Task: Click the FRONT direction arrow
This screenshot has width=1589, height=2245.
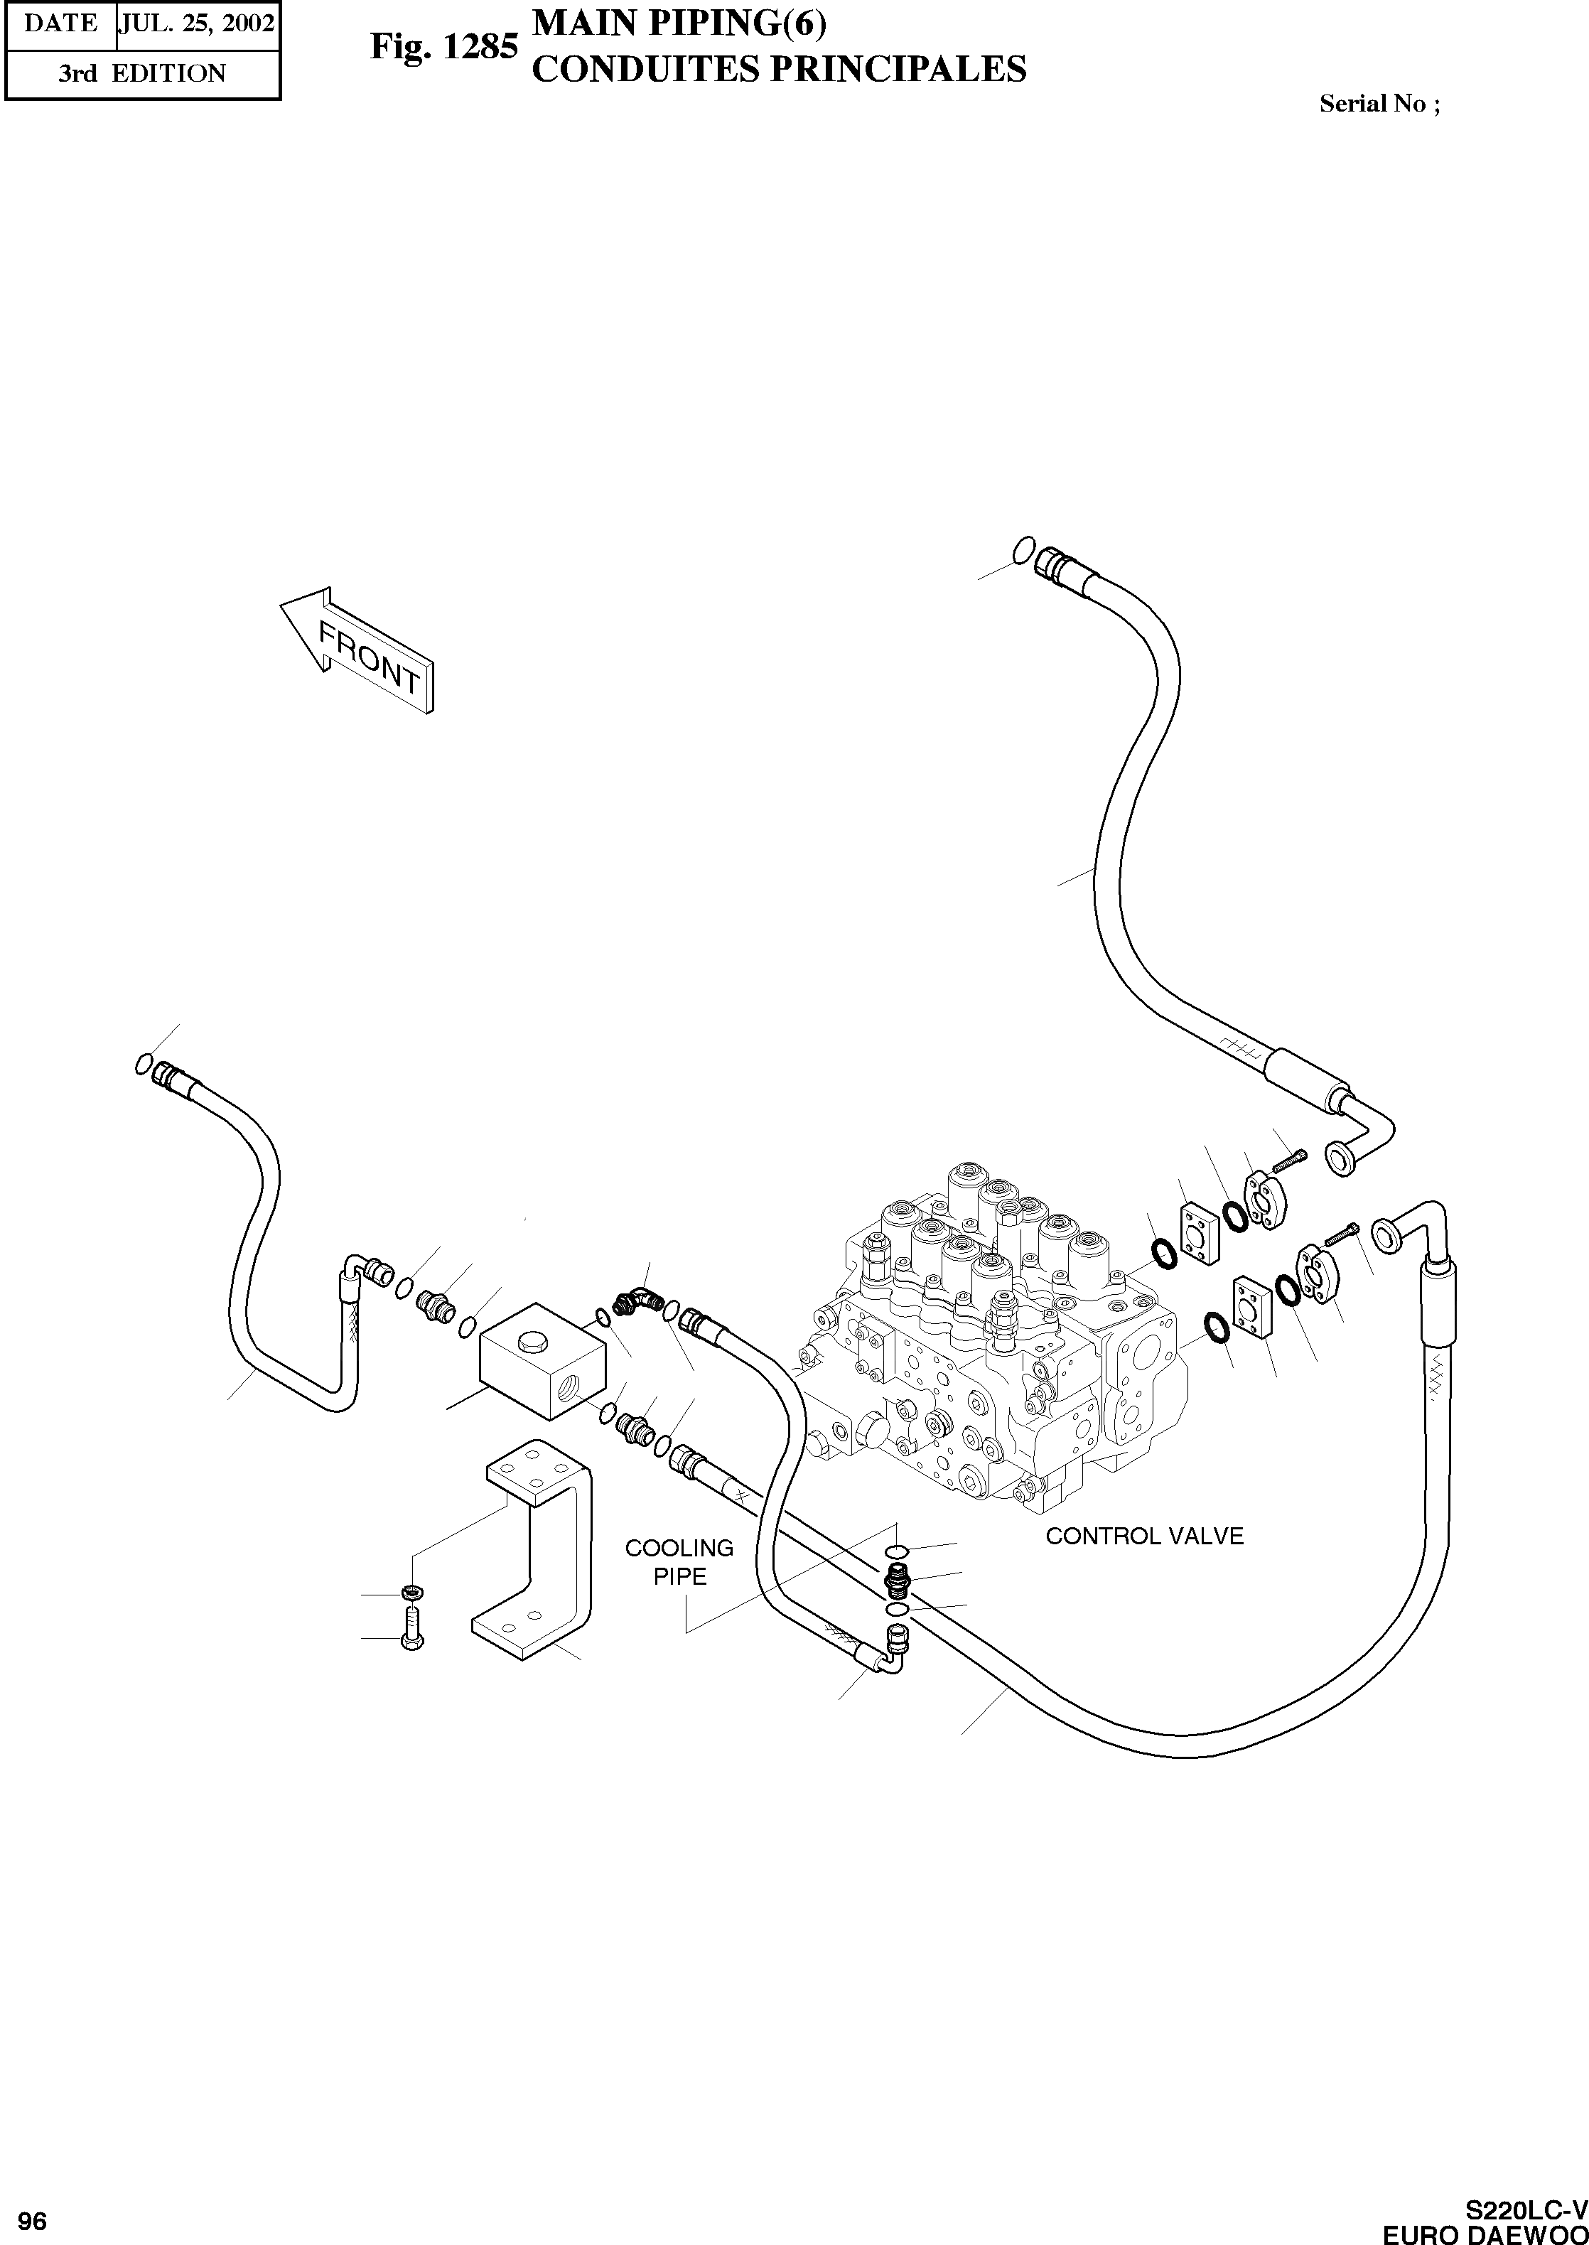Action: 358,647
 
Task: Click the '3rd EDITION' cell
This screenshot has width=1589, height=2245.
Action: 142,73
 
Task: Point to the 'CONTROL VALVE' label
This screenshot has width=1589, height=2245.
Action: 1144,1536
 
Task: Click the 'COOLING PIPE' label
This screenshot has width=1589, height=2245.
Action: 679,1561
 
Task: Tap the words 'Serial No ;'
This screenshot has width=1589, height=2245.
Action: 1379,104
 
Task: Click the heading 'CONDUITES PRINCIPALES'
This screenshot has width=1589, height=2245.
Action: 778,70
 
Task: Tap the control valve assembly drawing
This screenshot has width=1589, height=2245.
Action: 998,1350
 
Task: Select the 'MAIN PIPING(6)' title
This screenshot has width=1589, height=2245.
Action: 678,23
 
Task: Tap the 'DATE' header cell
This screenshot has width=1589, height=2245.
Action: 60,23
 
